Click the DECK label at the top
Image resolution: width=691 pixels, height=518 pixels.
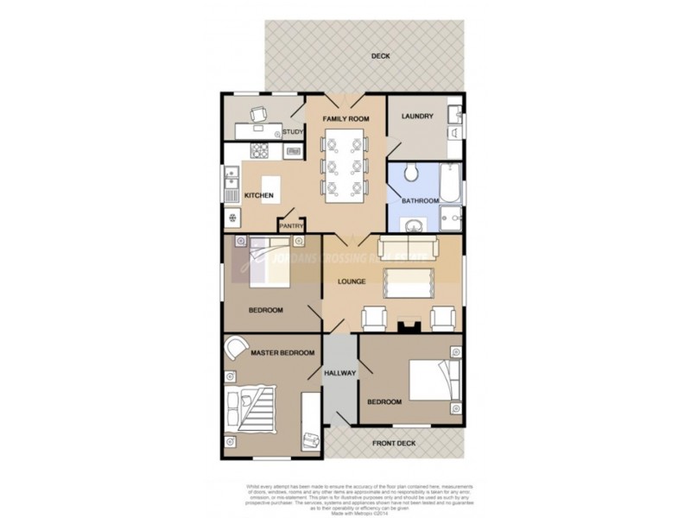[x=381, y=56]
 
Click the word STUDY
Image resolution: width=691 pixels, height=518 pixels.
[x=293, y=132]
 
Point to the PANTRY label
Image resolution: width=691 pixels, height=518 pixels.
[x=290, y=227]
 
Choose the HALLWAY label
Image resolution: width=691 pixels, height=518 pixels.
[x=340, y=373]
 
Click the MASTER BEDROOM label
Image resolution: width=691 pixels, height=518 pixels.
[x=282, y=353]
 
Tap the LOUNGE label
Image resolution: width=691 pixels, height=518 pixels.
[x=352, y=281]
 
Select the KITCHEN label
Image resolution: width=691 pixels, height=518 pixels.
[x=259, y=196]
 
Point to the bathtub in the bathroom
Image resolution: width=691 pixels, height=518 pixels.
[x=451, y=183]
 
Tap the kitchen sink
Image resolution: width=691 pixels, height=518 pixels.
[x=231, y=181]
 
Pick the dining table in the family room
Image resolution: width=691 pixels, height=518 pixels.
[x=345, y=165]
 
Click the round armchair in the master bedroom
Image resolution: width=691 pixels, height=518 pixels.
[x=235, y=347]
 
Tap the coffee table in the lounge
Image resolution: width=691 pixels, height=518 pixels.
[x=407, y=281]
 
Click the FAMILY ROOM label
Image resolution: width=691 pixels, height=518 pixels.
[x=345, y=117]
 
